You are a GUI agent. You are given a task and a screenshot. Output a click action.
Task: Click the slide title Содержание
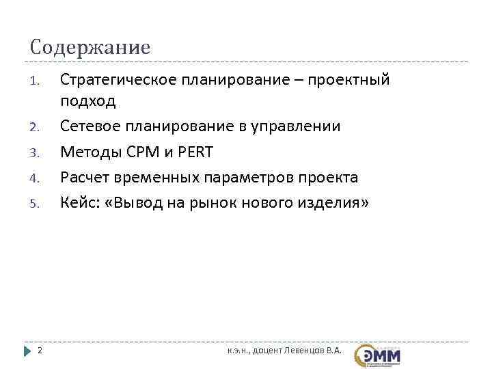90,48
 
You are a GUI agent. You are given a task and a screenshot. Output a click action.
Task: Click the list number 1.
35,83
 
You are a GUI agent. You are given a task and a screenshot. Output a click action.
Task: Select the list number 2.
35,127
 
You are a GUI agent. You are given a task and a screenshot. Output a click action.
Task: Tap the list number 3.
35,152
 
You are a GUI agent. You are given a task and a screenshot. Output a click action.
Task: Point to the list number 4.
35,178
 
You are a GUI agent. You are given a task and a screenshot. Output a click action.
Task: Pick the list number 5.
35,204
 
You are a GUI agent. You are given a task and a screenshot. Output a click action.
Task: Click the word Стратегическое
117,81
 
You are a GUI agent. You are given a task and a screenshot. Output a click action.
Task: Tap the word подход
88,101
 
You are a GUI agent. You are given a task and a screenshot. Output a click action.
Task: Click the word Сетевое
90,126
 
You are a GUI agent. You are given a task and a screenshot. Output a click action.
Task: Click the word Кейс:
79,203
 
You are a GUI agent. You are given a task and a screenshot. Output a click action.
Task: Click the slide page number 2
40,351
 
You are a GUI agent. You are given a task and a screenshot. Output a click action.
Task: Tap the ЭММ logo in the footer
378,354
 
